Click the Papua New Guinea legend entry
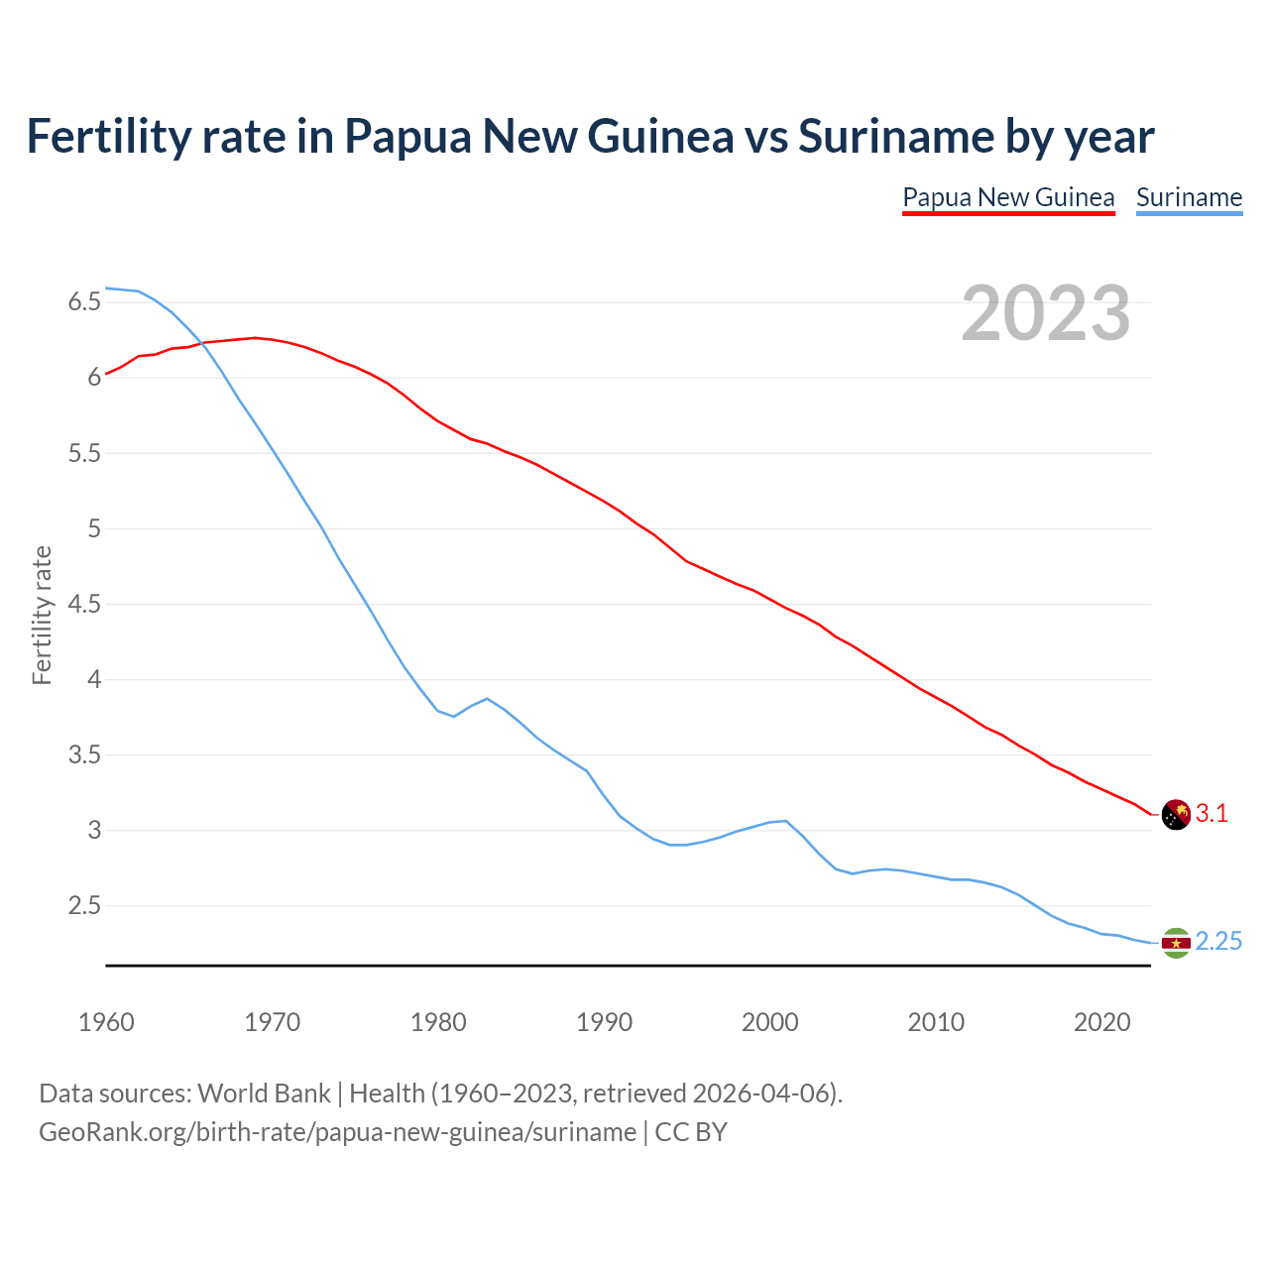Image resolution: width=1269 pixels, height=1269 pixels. tap(1008, 197)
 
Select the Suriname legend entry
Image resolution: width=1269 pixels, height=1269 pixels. tap(1189, 197)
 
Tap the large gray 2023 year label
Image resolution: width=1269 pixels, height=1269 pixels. tap(1045, 313)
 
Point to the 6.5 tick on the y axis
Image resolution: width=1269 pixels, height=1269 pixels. tap(84, 301)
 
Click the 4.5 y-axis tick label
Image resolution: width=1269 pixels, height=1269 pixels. tap(84, 604)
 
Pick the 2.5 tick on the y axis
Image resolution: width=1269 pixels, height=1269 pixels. tap(84, 906)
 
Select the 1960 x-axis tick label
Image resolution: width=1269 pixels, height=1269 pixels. tap(106, 1022)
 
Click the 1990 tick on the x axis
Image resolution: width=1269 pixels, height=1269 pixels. tap(604, 1022)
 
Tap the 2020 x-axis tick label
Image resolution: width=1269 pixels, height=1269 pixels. tap(1101, 1022)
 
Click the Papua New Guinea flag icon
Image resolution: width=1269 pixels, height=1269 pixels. tap(1175, 814)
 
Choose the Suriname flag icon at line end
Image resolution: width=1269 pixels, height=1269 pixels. tap(1175, 943)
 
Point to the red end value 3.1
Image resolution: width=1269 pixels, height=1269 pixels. tap(1211, 814)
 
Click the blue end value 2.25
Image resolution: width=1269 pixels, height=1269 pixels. tap(1218, 942)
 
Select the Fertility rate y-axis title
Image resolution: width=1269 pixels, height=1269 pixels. tap(42, 615)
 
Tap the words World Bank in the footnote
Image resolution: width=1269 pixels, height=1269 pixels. tap(264, 1094)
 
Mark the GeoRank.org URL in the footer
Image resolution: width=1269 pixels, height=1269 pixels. tap(337, 1132)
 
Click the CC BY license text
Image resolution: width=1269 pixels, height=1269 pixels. tap(691, 1132)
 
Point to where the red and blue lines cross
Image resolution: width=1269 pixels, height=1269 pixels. tap(202, 343)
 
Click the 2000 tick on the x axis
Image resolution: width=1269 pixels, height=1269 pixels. tap(769, 1022)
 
